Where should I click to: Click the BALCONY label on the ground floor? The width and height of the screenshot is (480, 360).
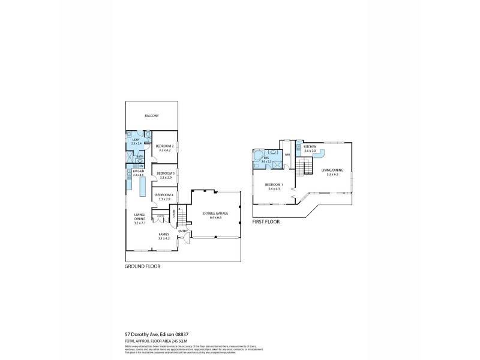coord(151,116)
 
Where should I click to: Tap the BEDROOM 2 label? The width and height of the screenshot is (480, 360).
coord(164,146)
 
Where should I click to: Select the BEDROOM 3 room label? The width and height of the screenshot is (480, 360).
coord(164,173)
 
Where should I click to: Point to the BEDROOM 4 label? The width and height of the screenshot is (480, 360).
coord(164,194)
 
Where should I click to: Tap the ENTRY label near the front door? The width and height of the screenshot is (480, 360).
coord(183,231)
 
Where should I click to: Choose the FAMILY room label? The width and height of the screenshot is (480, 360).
coord(164,234)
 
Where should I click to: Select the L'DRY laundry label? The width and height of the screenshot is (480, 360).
coord(136,140)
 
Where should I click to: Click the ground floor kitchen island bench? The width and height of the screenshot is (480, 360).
coord(143,187)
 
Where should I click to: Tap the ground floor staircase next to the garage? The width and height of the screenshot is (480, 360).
coord(182,215)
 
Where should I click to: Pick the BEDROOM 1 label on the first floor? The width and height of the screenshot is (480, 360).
coord(274,185)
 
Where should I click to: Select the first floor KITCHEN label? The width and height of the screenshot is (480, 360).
coord(310,146)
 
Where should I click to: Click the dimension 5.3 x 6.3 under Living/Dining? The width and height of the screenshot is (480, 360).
coord(332,174)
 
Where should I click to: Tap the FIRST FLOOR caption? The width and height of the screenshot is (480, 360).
coord(266,221)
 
